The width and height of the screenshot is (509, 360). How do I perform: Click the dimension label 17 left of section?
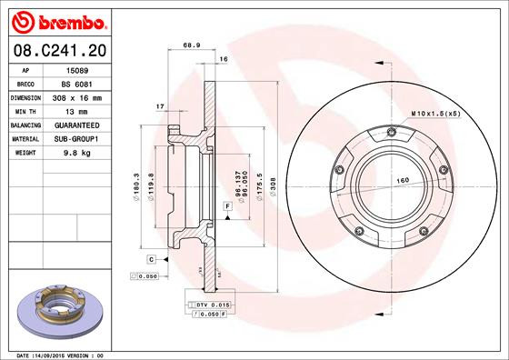pos(160,106)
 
